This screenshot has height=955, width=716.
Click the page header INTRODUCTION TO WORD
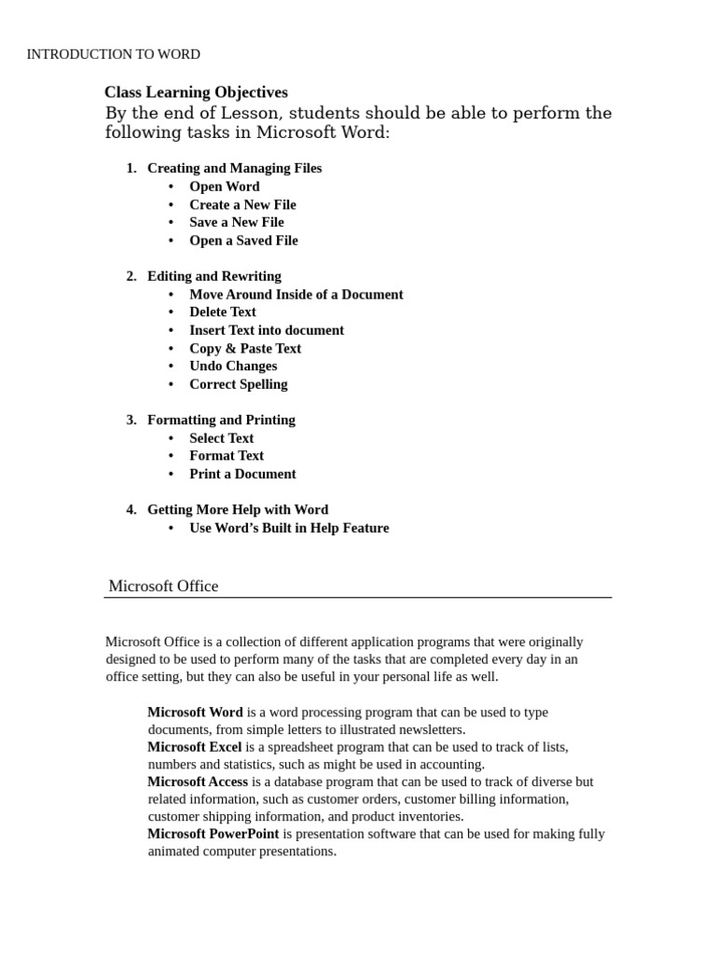[x=113, y=54]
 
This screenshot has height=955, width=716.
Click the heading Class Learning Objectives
[x=196, y=92]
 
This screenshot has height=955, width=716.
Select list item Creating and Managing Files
[x=234, y=168]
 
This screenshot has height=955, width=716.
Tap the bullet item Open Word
[x=224, y=187]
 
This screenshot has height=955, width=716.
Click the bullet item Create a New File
[x=242, y=204]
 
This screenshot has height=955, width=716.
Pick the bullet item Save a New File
[x=236, y=222]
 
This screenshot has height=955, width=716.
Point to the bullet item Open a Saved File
[x=243, y=241]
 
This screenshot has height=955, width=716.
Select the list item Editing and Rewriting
[x=213, y=276]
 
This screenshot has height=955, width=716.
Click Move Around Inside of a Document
[x=296, y=295]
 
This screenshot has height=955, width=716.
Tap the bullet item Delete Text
[x=222, y=311]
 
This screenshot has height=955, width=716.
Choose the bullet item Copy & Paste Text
[x=245, y=348]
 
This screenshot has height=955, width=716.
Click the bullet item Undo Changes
[x=233, y=366]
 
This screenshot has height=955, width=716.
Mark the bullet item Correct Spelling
[x=238, y=384]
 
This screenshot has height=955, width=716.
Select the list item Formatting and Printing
[x=221, y=420]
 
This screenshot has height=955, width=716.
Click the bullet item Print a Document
[x=242, y=474]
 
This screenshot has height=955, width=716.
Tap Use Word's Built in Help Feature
[x=289, y=528]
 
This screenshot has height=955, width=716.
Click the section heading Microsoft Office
[x=163, y=587]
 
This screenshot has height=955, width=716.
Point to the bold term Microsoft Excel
[x=194, y=747]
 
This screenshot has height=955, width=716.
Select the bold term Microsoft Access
[x=198, y=782]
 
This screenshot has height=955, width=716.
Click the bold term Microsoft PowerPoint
[x=213, y=834]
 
